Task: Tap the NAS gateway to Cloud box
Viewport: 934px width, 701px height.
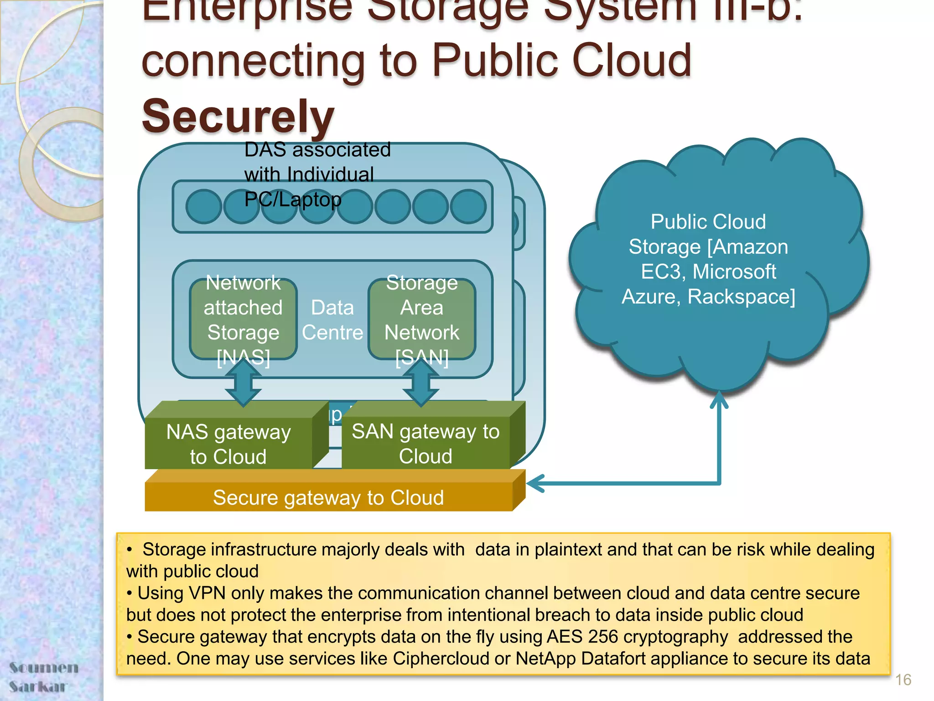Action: [228, 444]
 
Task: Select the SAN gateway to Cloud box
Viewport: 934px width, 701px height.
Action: [425, 443]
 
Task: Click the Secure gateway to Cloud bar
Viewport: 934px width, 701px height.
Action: [328, 497]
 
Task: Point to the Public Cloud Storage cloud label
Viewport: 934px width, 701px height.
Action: [708, 259]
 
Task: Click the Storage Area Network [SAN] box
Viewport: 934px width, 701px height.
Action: [422, 319]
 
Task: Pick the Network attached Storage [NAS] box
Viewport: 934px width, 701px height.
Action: [243, 319]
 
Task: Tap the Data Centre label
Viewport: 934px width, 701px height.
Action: [332, 320]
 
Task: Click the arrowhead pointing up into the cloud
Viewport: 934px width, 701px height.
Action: [719, 398]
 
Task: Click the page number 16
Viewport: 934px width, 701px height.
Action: [903, 680]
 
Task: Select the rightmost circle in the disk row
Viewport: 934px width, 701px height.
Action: [468, 207]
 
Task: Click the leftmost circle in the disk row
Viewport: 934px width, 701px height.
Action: [204, 207]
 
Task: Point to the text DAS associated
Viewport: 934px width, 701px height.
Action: [317, 150]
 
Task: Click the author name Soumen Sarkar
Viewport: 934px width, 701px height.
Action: [43, 677]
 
